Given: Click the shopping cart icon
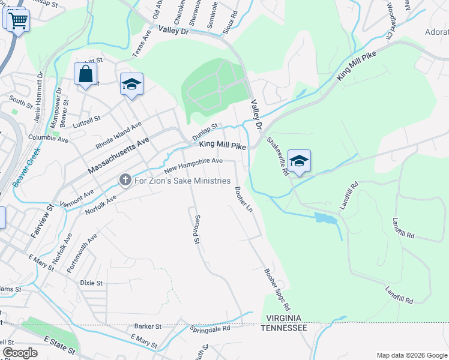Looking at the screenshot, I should (x=17, y=21).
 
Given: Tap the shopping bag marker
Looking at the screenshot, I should (x=86, y=74).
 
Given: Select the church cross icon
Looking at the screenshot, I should (x=125, y=180).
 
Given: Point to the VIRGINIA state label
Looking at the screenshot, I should (x=284, y=318).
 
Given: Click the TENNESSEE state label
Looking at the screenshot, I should (x=284, y=328).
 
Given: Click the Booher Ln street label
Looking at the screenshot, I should (x=244, y=199).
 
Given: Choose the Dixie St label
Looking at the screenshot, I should (x=91, y=283).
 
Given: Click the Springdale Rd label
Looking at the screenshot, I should (x=210, y=329).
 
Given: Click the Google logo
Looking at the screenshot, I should (x=20, y=353).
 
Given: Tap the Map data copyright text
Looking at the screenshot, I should (x=411, y=355).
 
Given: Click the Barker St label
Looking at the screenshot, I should (x=148, y=326).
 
